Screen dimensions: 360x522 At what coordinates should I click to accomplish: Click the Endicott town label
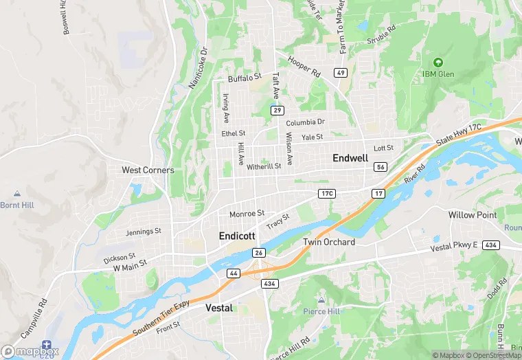coord(237,236)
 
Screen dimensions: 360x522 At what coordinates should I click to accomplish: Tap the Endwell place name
coord(350,158)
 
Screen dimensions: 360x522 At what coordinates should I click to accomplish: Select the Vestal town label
coord(219,308)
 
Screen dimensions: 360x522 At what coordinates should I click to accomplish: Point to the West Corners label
coord(148,170)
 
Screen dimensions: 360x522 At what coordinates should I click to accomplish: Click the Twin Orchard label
coord(329,242)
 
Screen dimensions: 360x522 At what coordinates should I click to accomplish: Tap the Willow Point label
coord(472,215)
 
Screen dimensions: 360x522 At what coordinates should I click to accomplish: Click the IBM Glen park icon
coord(438,62)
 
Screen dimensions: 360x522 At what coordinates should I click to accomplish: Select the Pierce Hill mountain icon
coord(321,300)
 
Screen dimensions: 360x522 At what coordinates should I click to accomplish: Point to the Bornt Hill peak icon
coord(16,194)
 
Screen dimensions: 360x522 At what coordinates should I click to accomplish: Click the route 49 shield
coord(341,72)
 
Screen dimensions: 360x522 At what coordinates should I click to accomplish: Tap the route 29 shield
coord(277,110)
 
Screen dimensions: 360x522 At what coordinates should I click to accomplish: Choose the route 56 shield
coord(381,167)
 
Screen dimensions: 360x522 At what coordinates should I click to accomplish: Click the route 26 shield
coord(258,253)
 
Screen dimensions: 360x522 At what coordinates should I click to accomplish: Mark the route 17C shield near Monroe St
coord(326,194)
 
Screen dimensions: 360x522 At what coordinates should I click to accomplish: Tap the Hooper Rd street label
coord(304,67)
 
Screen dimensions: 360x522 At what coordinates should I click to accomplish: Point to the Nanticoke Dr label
coord(198,67)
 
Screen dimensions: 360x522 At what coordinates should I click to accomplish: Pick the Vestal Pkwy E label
coord(453,247)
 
